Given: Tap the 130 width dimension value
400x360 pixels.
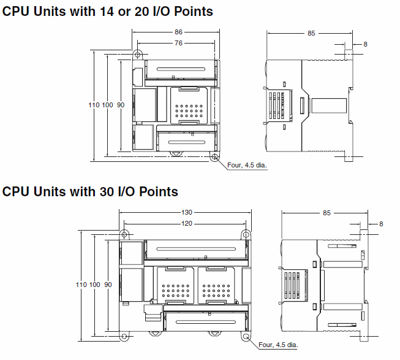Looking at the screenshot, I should [186, 212].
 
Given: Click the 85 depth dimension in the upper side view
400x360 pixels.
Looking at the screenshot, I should [311, 34].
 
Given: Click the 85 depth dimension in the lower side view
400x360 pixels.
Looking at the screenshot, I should [326, 213].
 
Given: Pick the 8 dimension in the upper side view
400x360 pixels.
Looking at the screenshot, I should [365, 44].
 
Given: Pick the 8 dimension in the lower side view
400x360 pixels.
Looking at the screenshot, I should [380, 224].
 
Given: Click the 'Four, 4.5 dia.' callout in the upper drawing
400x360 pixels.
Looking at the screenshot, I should [247, 165].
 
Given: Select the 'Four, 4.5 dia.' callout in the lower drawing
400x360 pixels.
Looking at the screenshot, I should [278, 345].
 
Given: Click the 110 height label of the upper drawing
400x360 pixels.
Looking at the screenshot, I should [93, 105].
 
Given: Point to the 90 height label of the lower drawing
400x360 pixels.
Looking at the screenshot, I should [108, 285].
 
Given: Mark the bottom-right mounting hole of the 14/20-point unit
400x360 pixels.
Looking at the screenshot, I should [214, 157].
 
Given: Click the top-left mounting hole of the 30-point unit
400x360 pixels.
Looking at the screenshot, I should [124, 235].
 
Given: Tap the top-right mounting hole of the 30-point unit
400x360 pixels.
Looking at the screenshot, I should [246, 235].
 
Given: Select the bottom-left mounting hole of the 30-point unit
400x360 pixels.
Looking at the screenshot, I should [124, 337].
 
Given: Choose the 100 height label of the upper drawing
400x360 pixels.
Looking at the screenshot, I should [107, 105].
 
